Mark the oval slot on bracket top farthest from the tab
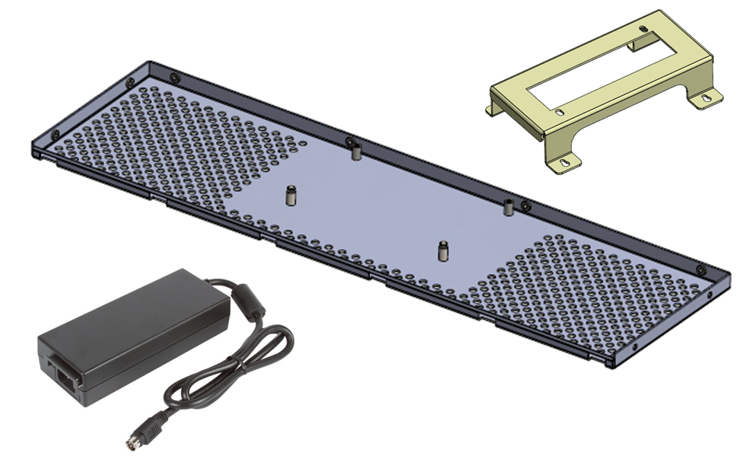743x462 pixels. coord(560,112)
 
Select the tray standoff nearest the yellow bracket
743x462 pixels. coord(507,205)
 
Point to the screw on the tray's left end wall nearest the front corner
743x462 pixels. coord(52,135)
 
